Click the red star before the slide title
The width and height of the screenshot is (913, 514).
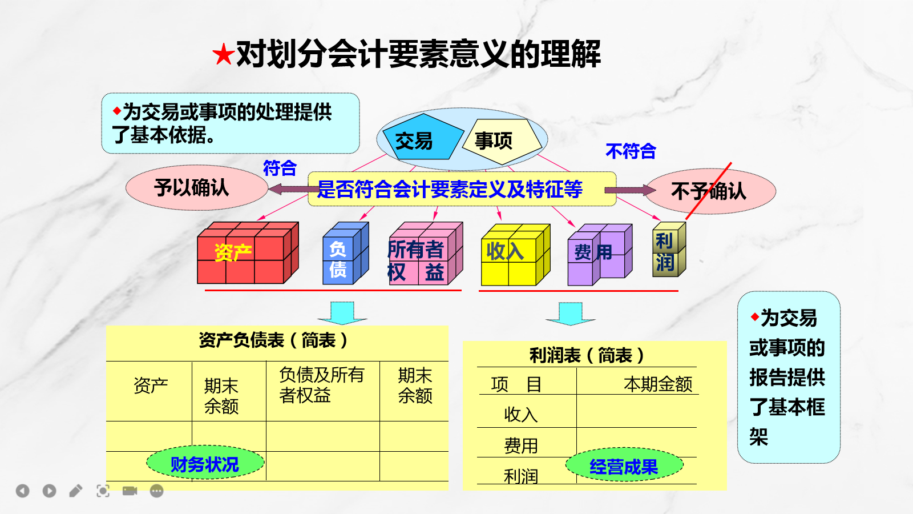click(x=223, y=55)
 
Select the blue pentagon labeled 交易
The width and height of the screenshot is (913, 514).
click(x=419, y=139)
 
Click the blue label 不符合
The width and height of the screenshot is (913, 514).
click(x=631, y=151)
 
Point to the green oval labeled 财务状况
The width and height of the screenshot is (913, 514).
click(x=205, y=463)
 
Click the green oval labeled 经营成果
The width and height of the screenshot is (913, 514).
click(x=624, y=465)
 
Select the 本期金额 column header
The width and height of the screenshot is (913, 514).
click(x=657, y=384)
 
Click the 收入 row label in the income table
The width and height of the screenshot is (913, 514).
click(x=520, y=414)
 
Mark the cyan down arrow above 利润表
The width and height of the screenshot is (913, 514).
click(x=570, y=314)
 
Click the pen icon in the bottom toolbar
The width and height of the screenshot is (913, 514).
click(x=76, y=491)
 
